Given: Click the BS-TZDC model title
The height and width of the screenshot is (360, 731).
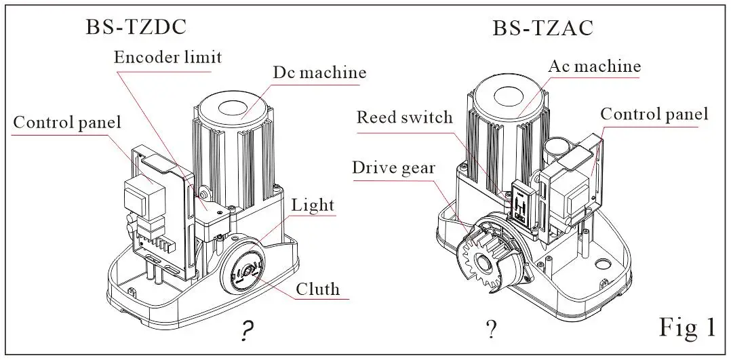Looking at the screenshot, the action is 136,26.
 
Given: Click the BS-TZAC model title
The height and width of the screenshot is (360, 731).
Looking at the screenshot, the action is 542,28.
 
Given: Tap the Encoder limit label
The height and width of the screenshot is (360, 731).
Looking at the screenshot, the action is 168,58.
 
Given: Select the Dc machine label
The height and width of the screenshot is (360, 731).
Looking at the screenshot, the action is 319,73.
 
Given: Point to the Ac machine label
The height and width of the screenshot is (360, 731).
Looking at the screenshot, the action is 595,66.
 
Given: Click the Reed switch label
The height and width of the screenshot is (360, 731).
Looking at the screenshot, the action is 404,117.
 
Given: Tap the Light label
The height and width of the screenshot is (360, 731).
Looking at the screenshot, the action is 313,205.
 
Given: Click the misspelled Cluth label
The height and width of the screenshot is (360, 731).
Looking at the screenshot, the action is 317,289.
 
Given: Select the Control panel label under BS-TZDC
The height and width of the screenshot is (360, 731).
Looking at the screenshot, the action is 66,122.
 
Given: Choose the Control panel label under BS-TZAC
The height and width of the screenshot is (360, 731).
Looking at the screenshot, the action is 654,114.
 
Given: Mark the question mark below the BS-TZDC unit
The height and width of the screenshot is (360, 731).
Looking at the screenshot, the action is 248,332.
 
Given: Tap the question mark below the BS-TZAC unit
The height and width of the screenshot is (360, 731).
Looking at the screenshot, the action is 490,329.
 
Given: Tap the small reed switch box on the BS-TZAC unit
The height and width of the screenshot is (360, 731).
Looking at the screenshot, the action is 521,205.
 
